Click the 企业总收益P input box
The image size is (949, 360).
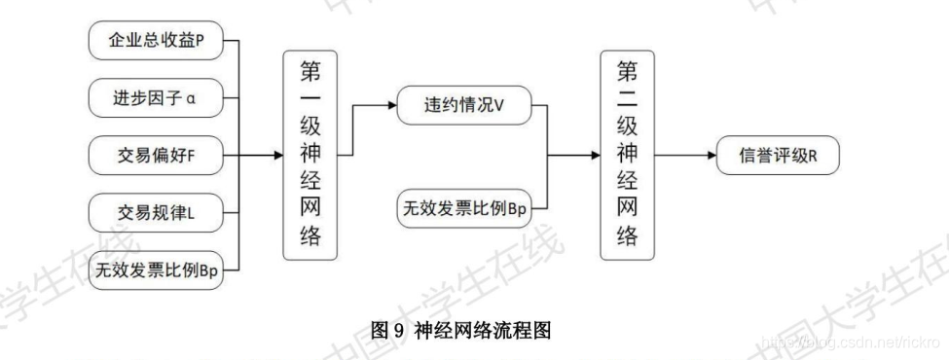point(155,42)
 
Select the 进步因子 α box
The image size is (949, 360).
point(155,97)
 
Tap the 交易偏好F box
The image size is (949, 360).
point(155,154)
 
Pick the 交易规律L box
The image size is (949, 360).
point(155,210)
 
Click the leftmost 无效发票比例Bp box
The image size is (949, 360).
point(155,267)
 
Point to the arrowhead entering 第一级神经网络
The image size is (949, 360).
point(277,155)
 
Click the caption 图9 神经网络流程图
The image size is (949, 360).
point(462,331)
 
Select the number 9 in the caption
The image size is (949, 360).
point(397,331)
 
